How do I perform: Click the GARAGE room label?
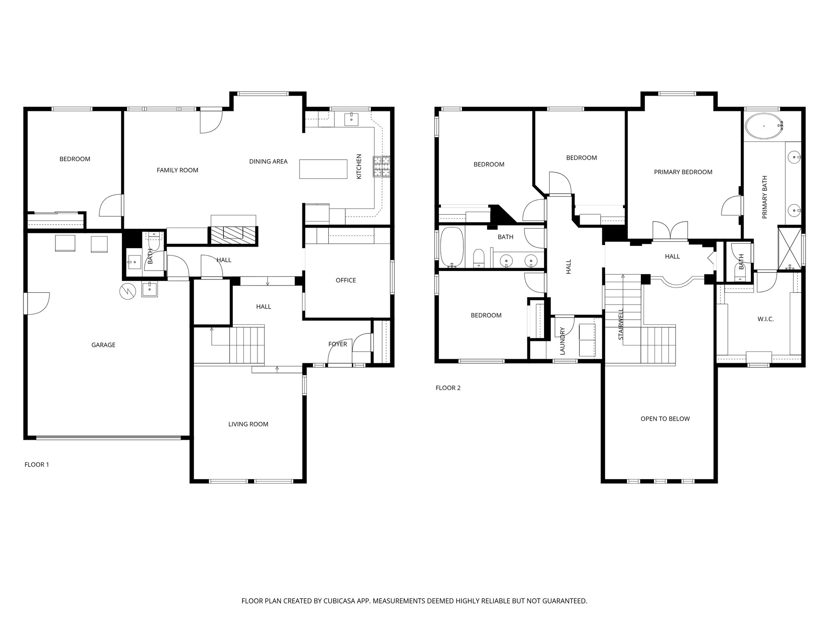tap(103, 345)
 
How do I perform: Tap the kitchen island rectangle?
tap(323, 169)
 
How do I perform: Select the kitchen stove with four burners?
tap(382, 166)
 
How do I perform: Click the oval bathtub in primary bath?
tap(764, 126)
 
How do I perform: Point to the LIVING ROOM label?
tap(248, 424)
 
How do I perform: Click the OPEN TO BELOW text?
tap(665, 419)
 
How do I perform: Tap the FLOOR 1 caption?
tap(37, 464)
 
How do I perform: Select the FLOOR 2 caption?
tap(448, 388)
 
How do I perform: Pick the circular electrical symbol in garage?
tap(126, 291)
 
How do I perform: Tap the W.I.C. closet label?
tap(765, 319)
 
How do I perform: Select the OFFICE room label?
tap(346, 280)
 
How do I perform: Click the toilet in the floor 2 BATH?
tap(478, 258)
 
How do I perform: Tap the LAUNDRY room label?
tap(562, 341)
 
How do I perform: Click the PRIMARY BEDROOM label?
tap(683, 172)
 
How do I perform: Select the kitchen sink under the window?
tap(351, 119)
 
